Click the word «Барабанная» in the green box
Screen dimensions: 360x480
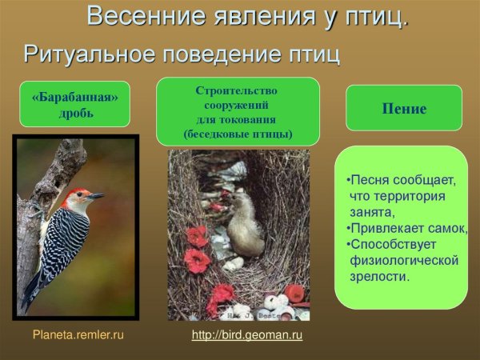(x=74, y=97)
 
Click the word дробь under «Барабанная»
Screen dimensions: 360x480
(x=74, y=113)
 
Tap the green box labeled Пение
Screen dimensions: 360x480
(x=403, y=109)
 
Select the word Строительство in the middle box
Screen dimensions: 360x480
(x=238, y=90)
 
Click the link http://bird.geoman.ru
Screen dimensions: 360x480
(x=247, y=335)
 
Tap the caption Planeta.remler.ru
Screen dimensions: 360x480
(x=78, y=335)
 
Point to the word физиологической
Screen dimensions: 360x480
(x=403, y=261)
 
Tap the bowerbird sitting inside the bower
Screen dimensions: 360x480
(x=243, y=224)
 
